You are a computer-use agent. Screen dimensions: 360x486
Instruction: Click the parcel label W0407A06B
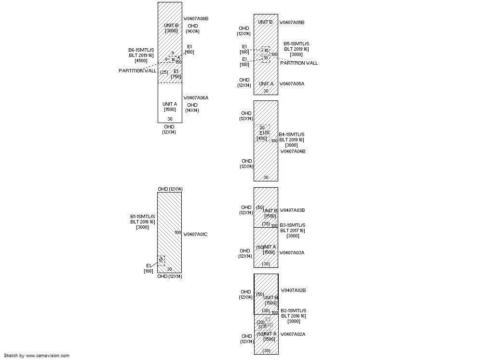[196, 19]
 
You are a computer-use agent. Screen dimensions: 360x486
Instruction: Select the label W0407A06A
[196, 98]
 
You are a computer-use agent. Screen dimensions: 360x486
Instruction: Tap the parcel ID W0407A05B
[292, 23]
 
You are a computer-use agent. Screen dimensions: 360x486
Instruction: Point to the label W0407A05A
[292, 84]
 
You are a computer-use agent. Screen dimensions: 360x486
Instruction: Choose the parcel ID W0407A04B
[293, 152]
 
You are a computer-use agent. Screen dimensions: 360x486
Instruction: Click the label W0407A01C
[195, 235]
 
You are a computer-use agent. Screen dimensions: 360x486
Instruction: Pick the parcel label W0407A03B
[292, 210]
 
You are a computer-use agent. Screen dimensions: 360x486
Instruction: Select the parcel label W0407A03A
[292, 253]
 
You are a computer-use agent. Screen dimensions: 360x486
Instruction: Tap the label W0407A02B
[293, 291]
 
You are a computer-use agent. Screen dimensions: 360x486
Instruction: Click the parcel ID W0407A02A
[293, 334]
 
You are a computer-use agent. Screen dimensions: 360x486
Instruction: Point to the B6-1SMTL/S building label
[141, 50]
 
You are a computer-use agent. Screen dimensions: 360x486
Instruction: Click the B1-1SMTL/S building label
[143, 217]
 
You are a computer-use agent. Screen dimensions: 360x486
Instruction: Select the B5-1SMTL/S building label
[297, 44]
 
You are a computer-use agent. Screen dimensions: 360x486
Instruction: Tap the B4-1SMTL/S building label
[292, 135]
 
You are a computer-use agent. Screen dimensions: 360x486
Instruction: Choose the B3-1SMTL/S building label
[293, 225]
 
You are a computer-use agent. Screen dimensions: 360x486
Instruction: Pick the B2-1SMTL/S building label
[294, 311]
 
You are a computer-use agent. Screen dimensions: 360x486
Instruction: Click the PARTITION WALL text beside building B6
[137, 71]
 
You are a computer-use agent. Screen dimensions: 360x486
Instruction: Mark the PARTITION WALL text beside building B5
[299, 63]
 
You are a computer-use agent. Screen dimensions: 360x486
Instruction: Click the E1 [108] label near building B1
[148, 268]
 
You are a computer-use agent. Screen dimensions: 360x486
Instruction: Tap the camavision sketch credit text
[37, 356]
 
